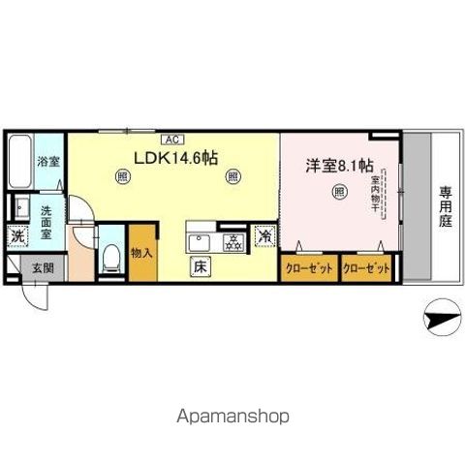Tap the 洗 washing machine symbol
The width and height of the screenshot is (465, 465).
pyautogui.click(x=18, y=236)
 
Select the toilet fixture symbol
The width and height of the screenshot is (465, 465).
pyautogui.click(x=111, y=257)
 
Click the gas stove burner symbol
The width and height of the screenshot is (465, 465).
pyautogui.click(x=232, y=243)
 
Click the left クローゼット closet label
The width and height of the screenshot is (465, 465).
pyautogui.click(x=309, y=268)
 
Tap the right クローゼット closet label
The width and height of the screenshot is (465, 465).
pyautogui.click(x=366, y=268)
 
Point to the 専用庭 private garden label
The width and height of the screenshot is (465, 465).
pyautogui.click(x=446, y=205)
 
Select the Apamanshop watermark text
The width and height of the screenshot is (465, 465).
pyautogui.click(x=232, y=417)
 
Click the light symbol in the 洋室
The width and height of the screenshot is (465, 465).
pyautogui.click(x=339, y=192)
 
